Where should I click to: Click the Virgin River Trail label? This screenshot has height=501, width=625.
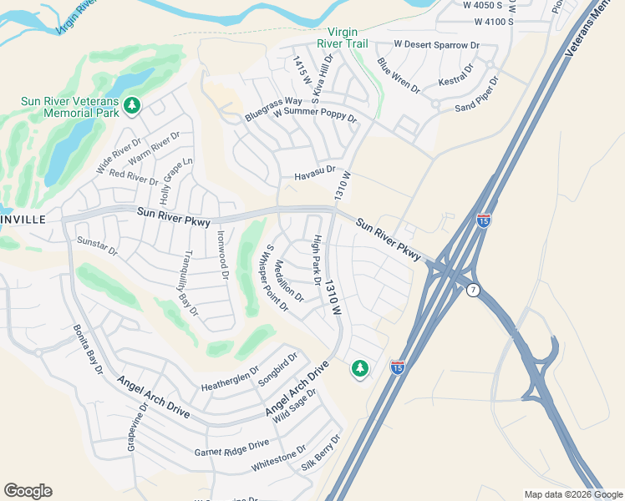(343, 38)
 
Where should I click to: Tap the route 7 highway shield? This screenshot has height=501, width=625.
(473, 289)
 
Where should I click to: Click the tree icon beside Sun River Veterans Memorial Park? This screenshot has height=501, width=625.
(131, 105)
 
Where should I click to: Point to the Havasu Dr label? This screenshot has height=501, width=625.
(314, 176)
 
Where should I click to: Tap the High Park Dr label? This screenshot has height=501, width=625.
(316, 260)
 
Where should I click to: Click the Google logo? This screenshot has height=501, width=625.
(28, 491)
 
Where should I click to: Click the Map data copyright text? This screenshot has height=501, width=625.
(573, 494)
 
